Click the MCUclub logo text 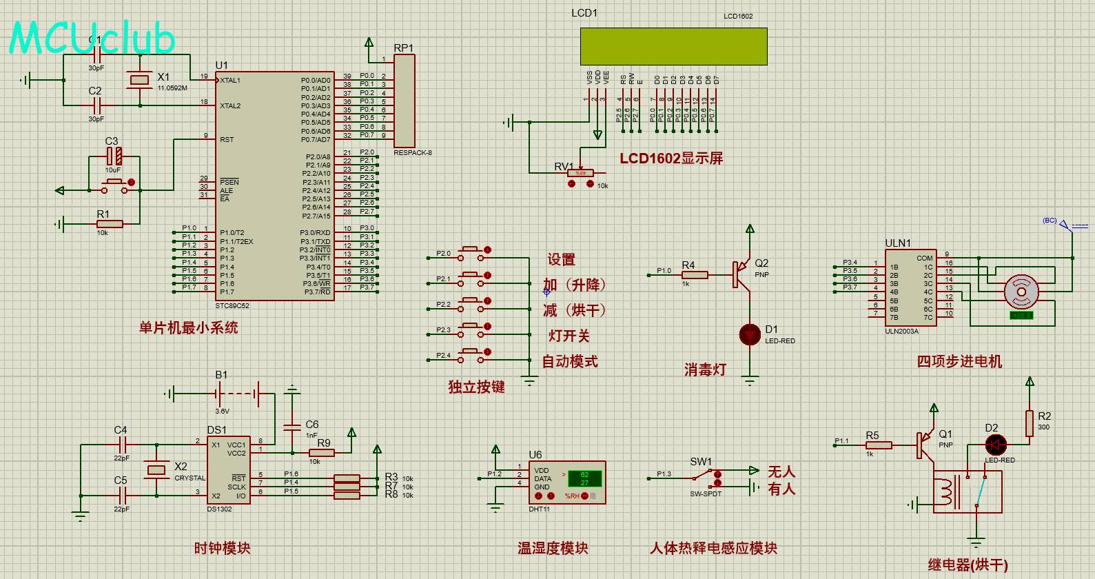92,38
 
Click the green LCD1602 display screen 673,46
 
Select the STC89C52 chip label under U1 232,305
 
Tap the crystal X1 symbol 139,80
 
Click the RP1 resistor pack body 404,100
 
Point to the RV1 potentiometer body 580,173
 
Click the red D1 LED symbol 750,334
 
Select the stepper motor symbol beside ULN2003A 1021,292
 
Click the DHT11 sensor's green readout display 584,478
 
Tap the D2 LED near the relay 996,445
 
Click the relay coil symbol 945,492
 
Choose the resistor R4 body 694,275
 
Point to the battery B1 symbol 236,394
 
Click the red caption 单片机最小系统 188,327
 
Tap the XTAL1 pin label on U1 230,81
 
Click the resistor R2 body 1030,423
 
